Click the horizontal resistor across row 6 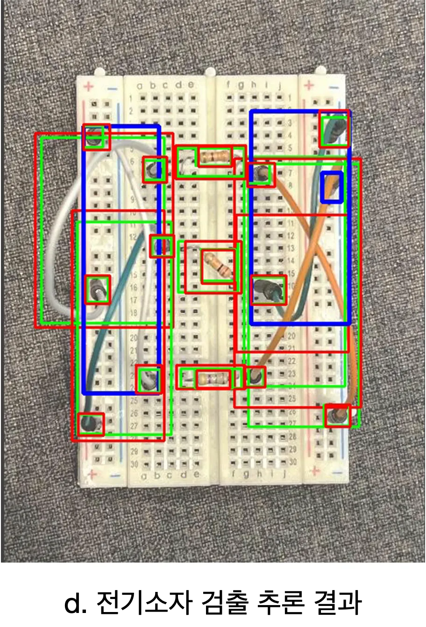[x=215, y=157]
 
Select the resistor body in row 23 [x=213, y=378]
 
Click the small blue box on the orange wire [x=332, y=187]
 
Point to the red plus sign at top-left [x=89, y=87]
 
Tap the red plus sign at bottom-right [x=315, y=470]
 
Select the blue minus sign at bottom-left [x=115, y=475]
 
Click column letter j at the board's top [x=280, y=85]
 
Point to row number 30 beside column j [x=293, y=462]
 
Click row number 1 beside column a [x=131, y=98]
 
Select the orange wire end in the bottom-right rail [x=337, y=415]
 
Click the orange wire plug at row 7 [x=261, y=175]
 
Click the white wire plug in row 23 [x=149, y=379]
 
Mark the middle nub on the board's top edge [x=211, y=72]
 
